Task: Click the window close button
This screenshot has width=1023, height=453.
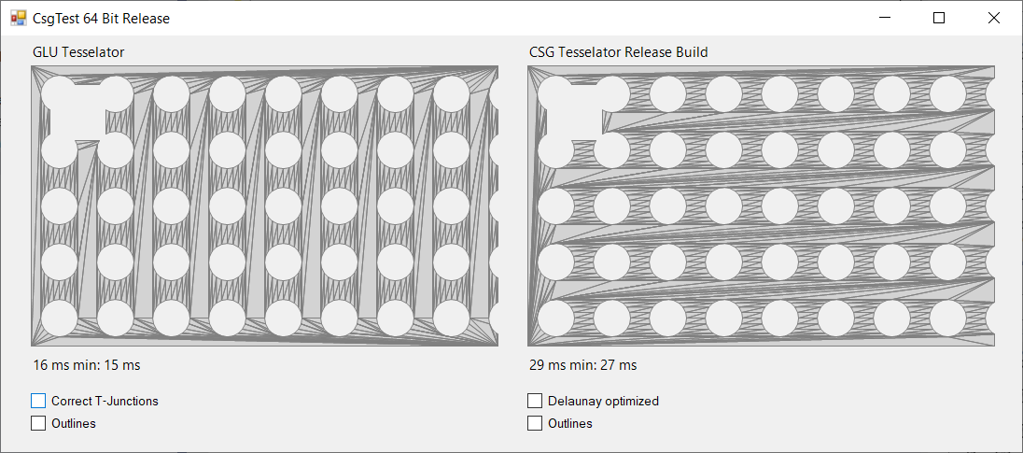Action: coord(994,18)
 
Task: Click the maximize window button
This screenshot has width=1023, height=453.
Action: coord(940,18)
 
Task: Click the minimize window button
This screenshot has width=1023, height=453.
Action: coord(886,18)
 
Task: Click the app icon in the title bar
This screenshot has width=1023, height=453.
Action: coord(18,18)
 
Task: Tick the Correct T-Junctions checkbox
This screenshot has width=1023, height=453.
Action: coord(38,401)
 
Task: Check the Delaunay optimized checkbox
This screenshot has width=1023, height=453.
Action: coord(535,401)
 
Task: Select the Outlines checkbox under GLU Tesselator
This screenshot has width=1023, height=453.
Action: coord(38,423)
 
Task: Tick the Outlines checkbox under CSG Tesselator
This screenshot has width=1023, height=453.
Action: coord(535,423)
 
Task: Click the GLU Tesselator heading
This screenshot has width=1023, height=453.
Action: coord(78,52)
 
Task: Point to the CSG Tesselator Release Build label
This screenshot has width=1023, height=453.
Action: coord(618,52)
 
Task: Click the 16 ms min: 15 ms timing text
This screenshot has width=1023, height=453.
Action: coord(87,365)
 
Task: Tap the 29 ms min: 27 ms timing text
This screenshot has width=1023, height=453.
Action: coord(583,365)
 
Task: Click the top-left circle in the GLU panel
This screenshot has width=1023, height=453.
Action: coord(60,93)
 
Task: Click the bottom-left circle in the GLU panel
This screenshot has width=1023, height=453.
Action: coord(60,318)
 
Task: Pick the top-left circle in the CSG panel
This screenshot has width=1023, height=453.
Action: coord(556,93)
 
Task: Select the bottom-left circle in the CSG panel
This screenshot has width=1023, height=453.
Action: coord(556,318)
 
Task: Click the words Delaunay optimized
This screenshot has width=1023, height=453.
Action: coord(603,401)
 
